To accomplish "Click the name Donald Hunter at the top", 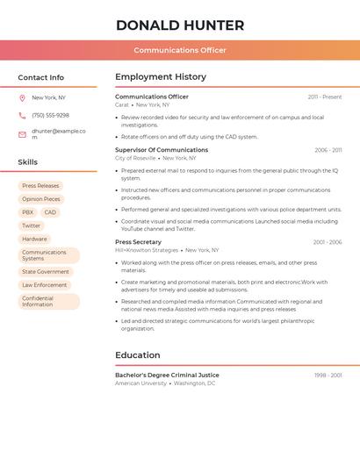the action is pyautogui.click(x=180, y=25).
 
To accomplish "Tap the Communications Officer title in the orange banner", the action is pyautogui.click(x=180, y=50).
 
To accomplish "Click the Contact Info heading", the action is pyautogui.click(x=41, y=77).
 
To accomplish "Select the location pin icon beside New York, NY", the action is pyautogui.click(x=22, y=97).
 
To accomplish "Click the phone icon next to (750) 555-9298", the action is pyautogui.click(x=22, y=115).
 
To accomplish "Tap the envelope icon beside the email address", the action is pyautogui.click(x=22, y=134).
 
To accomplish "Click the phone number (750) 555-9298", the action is pyautogui.click(x=50, y=115).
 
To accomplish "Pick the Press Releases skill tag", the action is pyautogui.click(x=40, y=186).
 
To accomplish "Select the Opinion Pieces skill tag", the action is pyautogui.click(x=41, y=199).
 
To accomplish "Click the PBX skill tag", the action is pyautogui.click(x=28, y=212).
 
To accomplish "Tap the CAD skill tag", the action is pyautogui.click(x=50, y=212).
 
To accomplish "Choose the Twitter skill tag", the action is pyautogui.click(x=32, y=225).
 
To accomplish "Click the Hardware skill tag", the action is pyautogui.click(x=34, y=239).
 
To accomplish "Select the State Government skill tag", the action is pyautogui.click(x=46, y=272).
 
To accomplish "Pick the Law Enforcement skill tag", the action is pyautogui.click(x=44, y=285).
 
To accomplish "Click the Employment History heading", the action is pyautogui.click(x=161, y=77).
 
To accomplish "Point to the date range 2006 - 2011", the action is pyautogui.click(x=328, y=150).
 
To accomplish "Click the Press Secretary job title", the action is pyautogui.click(x=138, y=242).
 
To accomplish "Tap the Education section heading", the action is pyautogui.click(x=137, y=355).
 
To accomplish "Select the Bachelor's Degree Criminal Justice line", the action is pyautogui.click(x=167, y=376).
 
